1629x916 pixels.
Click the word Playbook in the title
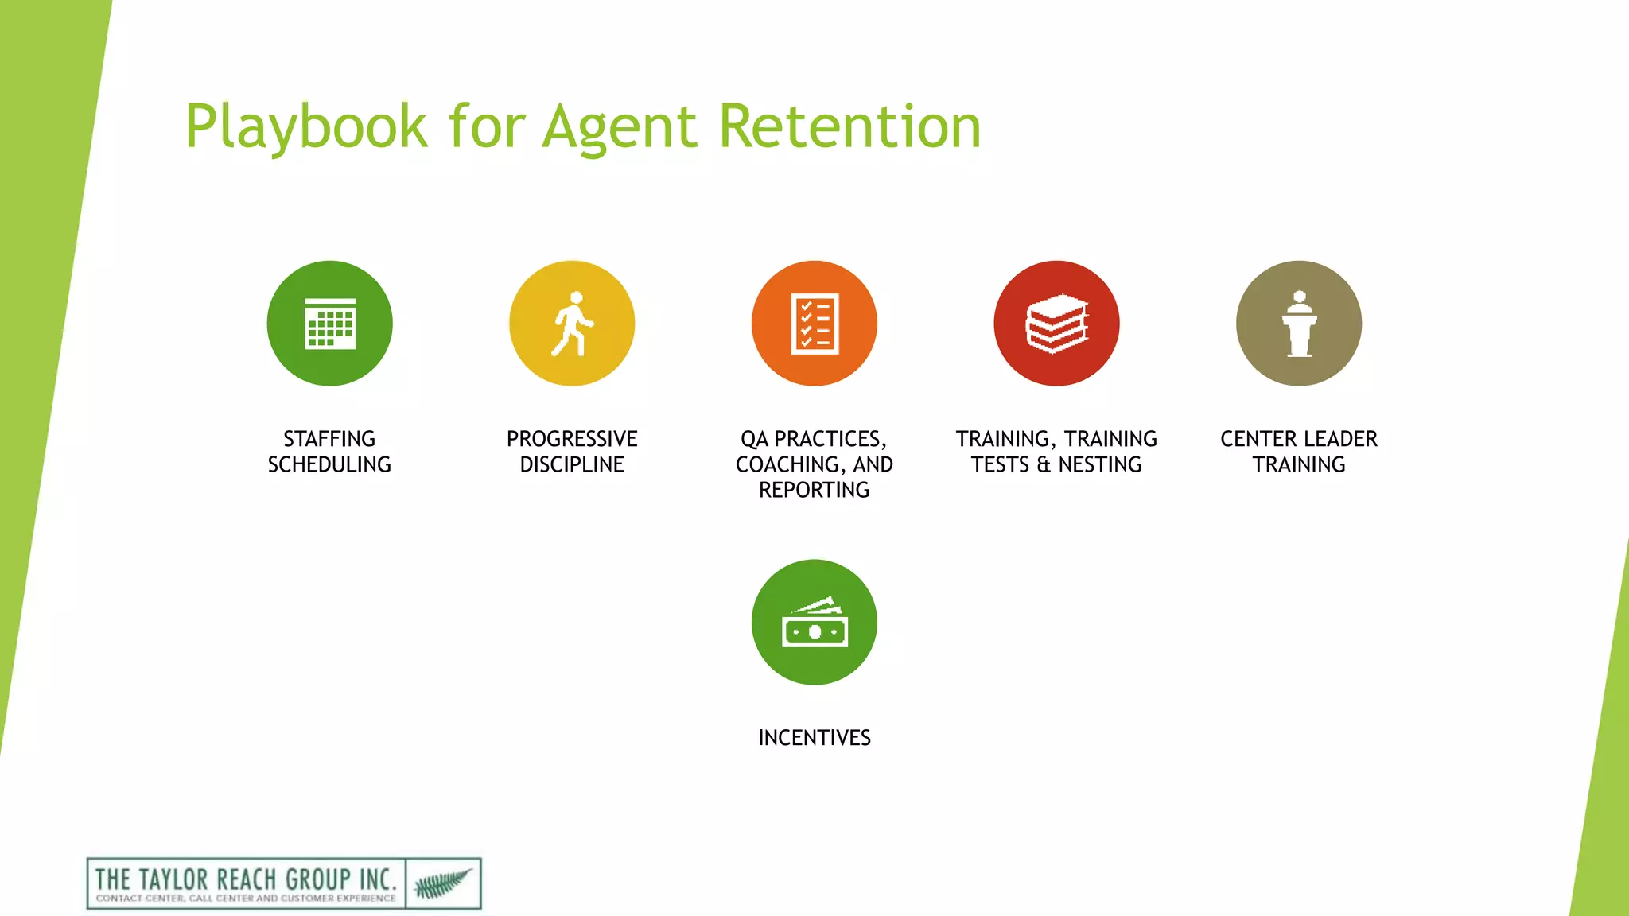click(306, 127)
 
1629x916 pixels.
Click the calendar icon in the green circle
click(330, 324)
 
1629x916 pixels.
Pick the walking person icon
click(572, 324)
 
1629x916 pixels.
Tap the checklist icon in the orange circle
click(814, 324)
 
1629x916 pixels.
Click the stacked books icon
click(1056, 324)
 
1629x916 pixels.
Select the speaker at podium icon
click(1299, 324)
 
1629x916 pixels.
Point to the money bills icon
click(814, 623)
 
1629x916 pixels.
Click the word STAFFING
click(329, 439)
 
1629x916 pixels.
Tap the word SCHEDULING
click(329, 464)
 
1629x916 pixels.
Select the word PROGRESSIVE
click(572, 439)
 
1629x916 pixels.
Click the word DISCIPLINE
click(572, 464)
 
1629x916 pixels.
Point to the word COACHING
click(787, 464)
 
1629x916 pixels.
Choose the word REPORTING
click(814, 490)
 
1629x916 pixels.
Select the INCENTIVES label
click(814, 738)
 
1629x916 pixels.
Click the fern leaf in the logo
click(443, 883)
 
